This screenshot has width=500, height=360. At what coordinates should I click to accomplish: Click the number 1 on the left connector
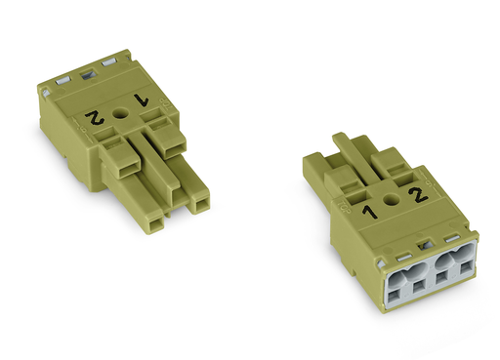pos(142,100)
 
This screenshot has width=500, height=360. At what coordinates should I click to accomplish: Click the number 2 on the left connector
pos(95,118)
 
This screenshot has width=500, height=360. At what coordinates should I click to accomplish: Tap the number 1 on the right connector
pos(370,212)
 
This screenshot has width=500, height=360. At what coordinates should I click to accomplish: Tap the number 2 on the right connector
pos(419,195)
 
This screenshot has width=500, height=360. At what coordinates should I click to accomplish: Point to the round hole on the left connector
pos(121,114)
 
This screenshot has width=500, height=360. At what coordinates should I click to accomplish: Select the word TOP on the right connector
pos(344,207)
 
